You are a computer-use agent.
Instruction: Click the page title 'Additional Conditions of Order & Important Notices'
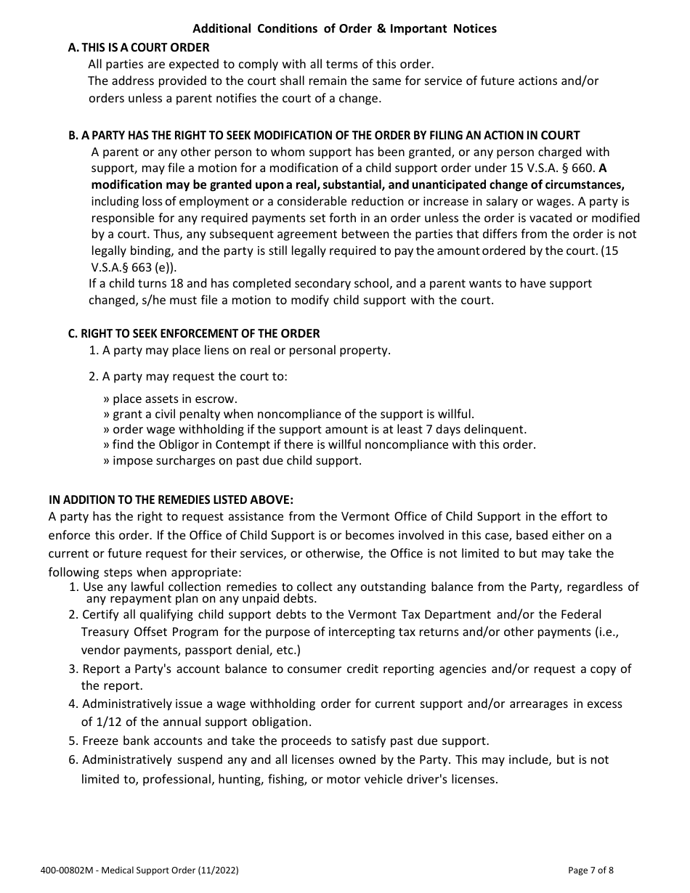coord(344,29)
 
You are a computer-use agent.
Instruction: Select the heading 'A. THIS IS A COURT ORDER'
coord(138,47)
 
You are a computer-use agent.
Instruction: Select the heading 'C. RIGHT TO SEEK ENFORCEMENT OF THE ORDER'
coord(193,333)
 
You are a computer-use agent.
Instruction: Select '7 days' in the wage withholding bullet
coord(455,429)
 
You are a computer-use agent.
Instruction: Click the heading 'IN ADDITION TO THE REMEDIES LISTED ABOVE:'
coord(171,499)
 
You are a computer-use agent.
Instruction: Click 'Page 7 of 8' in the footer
coord(590,870)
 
